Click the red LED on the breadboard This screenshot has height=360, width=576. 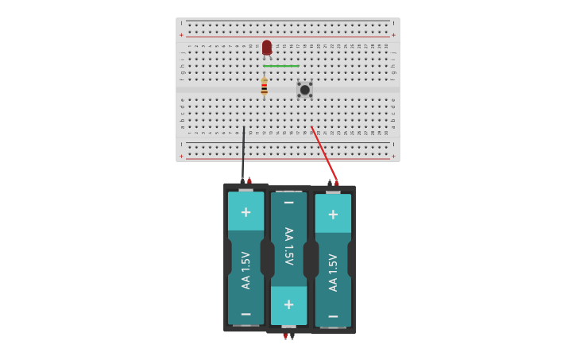(267, 48)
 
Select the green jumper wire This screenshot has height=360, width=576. (281, 66)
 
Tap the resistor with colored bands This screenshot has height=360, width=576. (264, 87)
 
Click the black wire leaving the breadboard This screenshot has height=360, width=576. (243, 155)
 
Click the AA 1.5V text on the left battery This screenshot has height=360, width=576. (246, 270)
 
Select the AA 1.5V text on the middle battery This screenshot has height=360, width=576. (289, 246)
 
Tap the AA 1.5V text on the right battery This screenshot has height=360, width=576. (333, 273)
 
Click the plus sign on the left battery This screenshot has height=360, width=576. (246, 212)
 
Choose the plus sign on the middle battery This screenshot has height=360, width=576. (289, 304)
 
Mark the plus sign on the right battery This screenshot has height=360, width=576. (333, 215)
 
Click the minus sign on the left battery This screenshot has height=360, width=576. (246, 315)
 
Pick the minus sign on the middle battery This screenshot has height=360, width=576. (289, 203)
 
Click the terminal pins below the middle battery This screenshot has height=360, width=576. (288, 336)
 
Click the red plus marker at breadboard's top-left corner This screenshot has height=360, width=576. (181, 35)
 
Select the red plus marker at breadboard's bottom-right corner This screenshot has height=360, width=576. (393, 156)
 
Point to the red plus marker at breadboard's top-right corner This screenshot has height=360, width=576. (393, 35)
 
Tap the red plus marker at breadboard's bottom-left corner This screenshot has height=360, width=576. (181, 156)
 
